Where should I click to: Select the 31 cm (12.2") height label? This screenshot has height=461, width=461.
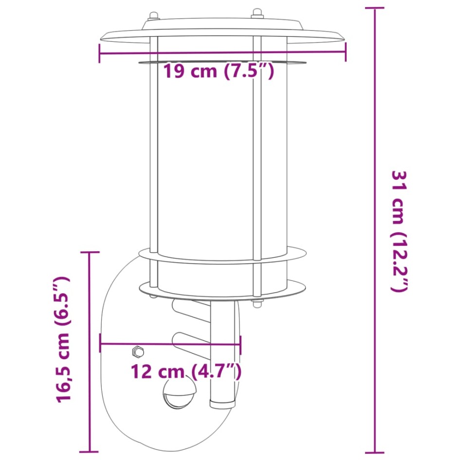click(399, 231)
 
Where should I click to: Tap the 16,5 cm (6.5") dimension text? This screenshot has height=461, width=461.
click(63, 339)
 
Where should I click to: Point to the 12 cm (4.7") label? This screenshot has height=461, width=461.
click(186, 372)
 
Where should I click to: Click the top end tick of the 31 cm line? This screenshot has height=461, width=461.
click(374, 8)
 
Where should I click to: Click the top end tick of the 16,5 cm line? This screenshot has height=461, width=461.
click(89, 252)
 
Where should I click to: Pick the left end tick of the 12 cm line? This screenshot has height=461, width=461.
click(100, 343)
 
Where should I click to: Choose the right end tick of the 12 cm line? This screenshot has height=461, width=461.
click(240, 343)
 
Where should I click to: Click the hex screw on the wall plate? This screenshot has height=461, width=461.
click(138, 351)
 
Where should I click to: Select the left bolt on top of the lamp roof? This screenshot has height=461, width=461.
click(153, 16)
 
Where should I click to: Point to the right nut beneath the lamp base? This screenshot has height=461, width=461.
click(256, 305)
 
